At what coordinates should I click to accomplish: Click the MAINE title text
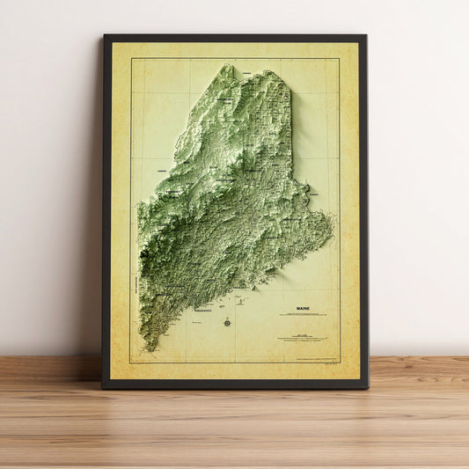click(x=303, y=310)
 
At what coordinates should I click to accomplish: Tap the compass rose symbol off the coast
click(x=227, y=322)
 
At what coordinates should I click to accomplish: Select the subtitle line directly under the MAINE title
click(x=303, y=316)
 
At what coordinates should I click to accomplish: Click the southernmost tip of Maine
click(x=150, y=350)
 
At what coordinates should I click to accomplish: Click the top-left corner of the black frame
click(x=104, y=36)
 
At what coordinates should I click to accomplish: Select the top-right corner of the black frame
click(x=365, y=36)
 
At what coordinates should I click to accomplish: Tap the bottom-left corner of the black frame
click(x=102, y=387)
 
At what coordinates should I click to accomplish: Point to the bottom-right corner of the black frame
click(x=368, y=387)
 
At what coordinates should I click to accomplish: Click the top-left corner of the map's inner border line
click(x=131, y=59)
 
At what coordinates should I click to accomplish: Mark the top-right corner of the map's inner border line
click(x=339, y=59)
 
